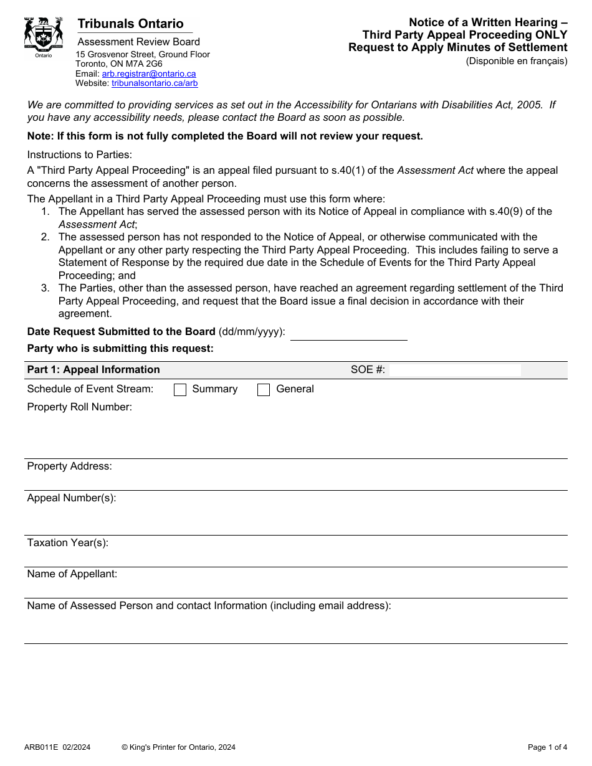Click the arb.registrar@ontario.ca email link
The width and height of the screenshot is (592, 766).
pos(149,73)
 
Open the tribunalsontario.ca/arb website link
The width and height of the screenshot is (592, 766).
pos(155,83)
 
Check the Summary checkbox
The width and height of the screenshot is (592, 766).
pos(180,390)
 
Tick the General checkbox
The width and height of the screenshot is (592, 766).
pos(264,390)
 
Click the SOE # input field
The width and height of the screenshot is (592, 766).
pos(454,370)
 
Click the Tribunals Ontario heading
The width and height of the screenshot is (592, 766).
pos(130,24)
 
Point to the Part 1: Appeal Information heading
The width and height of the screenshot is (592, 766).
pos(93,370)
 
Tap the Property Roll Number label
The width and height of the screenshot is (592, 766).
pos(79,407)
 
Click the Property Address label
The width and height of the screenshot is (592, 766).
pos(69,466)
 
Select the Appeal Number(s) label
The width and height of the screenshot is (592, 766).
pos(71,498)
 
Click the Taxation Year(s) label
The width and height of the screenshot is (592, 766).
pos(67,543)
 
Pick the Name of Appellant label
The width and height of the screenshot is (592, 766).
pos(72,574)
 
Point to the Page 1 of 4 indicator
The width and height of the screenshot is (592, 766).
pos(547,747)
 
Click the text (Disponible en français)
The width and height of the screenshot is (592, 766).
pos(517,61)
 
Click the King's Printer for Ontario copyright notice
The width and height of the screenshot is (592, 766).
pos(178,747)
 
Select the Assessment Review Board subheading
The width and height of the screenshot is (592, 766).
pos(138,42)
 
